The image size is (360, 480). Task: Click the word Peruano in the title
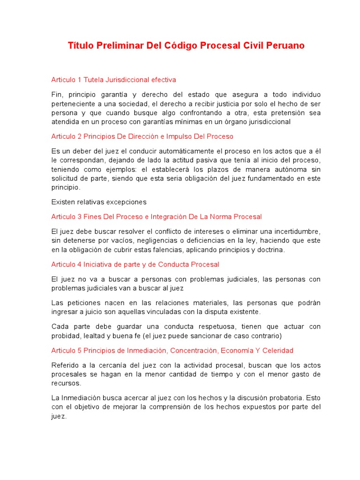(x=284, y=45)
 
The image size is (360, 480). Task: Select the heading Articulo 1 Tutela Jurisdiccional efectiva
(x=113, y=80)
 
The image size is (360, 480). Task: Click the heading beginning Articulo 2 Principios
(x=142, y=136)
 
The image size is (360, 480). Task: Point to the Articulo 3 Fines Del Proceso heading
(x=156, y=217)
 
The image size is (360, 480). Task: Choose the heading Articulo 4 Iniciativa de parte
(x=135, y=264)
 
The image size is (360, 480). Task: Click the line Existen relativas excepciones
(x=99, y=202)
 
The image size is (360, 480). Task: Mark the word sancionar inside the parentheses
(x=223, y=336)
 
